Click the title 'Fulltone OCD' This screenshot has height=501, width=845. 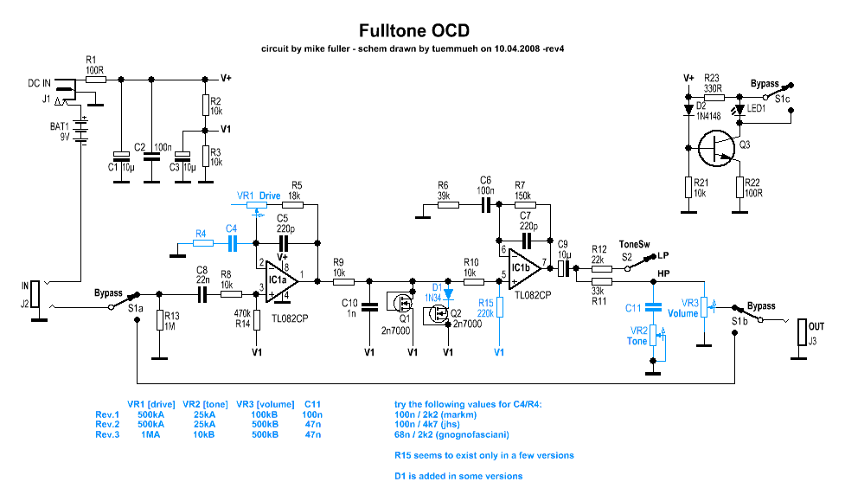[414, 30]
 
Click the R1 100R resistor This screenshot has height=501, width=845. [95, 79]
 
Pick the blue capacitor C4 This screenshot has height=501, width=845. [232, 245]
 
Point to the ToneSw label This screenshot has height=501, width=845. [635, 245]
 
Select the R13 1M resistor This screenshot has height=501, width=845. [159, 320]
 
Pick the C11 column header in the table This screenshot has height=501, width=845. [313, 403]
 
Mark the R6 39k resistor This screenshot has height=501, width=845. [449, 205]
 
